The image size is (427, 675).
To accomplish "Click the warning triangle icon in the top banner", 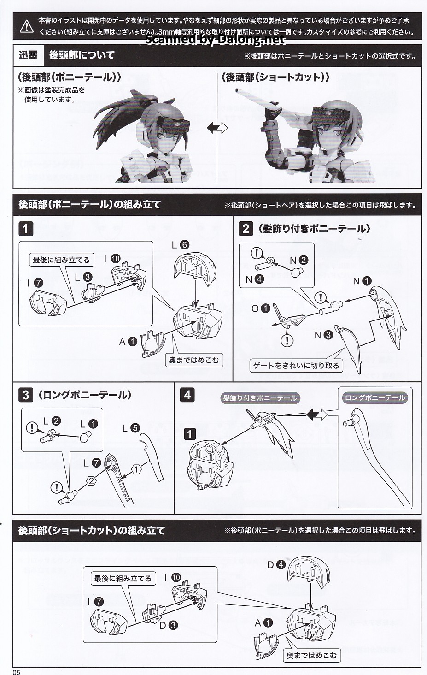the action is [x=27, y=26].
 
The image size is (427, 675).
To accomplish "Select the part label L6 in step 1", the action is [x=181, y=245].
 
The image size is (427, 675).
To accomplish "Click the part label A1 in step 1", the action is [x=128, y=342].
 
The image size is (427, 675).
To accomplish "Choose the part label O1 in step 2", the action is [x=261, y=308].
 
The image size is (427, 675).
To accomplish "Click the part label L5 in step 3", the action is [x=131, y=428].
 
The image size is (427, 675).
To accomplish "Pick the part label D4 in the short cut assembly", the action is [x=276, y=564].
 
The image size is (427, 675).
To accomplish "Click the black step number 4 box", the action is [x=187, y=395].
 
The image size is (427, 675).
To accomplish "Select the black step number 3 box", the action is [x=26, y=395].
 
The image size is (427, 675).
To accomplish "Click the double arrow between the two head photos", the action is [x=217, y=128].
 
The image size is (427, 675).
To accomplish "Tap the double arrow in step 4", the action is [x=317, y=414].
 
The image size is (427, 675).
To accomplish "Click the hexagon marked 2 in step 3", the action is [x=92, y=481].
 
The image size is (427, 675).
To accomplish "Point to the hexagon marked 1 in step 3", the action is [x=136, y=469].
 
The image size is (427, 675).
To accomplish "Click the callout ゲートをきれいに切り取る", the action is [x=296, y=366].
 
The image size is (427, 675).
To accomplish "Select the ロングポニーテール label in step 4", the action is [x=375, y=398].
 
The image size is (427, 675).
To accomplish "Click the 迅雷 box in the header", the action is [x=28, y=55].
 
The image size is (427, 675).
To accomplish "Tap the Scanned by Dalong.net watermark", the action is [x=215, y=40].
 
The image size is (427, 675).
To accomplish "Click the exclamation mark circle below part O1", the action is [x=287, y=341].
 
